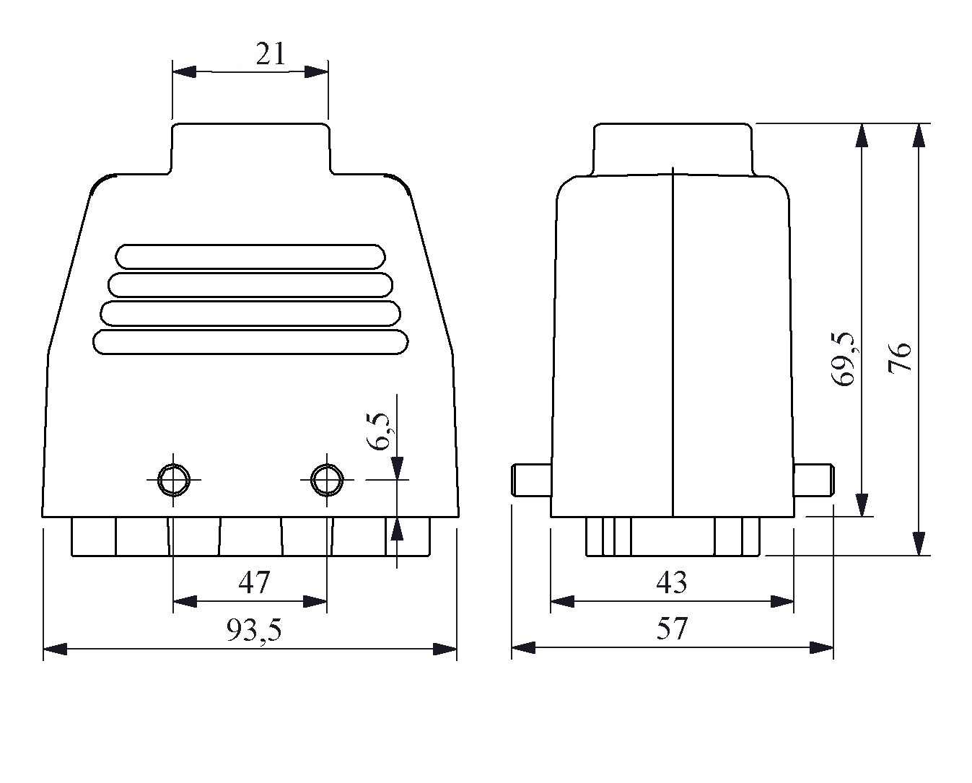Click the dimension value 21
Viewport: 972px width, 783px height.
point(271,54)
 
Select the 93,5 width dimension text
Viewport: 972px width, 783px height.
point(254,630)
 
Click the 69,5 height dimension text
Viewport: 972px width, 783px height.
point(844,359)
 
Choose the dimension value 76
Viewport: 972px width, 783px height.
point(900,357)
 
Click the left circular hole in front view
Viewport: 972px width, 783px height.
point(174,480)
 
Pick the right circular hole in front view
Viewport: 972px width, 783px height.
point(327,480)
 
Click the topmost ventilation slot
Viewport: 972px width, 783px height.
point(250,257)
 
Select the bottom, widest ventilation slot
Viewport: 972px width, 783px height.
point(250,342)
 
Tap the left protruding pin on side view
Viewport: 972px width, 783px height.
point(531,481)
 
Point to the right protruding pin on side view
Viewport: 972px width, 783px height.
point(814,481)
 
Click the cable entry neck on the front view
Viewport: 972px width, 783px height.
point(250,148)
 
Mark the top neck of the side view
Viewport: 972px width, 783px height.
point(673,149)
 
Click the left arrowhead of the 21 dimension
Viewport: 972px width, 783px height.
point(184,71)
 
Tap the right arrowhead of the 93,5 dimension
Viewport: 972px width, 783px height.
point(445,649)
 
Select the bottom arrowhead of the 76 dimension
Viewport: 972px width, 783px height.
point(919,543)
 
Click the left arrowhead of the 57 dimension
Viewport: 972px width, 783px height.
point(523,647)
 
